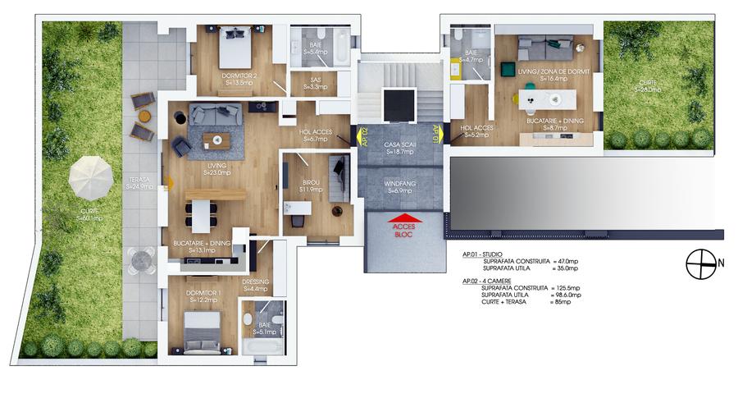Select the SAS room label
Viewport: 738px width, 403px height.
315,83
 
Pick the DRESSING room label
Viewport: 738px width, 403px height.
256,285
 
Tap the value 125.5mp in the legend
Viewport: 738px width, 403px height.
567,288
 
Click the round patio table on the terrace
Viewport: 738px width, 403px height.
143,259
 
